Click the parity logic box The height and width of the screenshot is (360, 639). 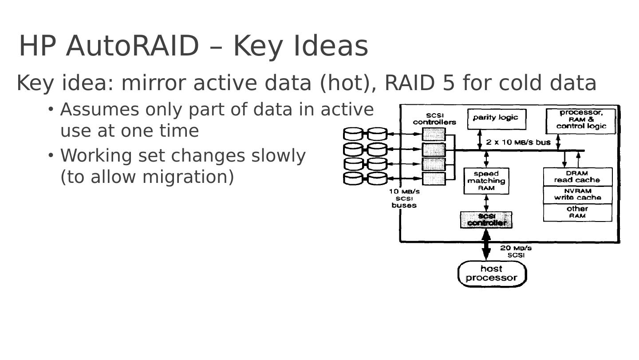[496, 119]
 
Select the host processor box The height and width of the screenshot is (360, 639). [491, 273]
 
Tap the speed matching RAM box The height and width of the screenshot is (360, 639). [486, 181]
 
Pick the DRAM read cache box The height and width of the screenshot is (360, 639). [577, 177]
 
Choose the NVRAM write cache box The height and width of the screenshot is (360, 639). [577, 194]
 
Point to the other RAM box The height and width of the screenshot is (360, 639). [577, 212]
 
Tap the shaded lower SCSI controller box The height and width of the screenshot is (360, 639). [486, 220]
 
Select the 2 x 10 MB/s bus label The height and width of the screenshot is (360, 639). [518, 142]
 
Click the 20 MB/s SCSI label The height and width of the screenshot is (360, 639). [516, 251]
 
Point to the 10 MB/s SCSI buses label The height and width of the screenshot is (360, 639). [404, 198]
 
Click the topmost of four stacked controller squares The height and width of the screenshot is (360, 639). [434, 134]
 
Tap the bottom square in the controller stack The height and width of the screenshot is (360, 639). [434, 179]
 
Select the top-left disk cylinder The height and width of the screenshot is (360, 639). [353, 134]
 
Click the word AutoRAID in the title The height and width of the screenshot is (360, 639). [132, 46]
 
